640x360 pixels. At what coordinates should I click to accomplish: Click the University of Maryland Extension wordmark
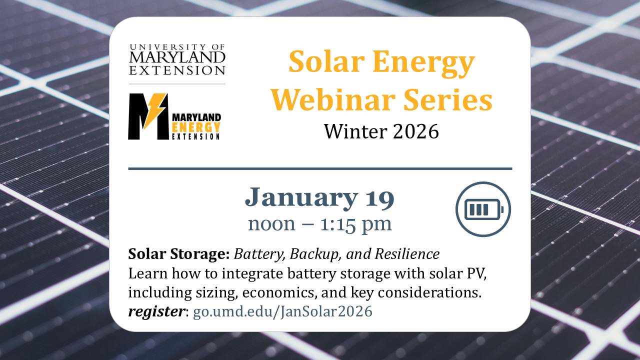tap(177, 59)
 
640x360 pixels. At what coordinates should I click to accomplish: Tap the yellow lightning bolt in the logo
tap(153, 110)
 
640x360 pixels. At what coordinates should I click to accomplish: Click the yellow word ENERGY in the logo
tap(196, 127)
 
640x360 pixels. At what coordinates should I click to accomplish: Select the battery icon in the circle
tap(483, 209)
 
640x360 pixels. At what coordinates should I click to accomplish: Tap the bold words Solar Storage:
tap(179, 254)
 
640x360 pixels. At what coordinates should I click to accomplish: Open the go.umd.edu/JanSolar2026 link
tap(282, 311)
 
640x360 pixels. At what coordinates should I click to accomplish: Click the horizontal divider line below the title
tap(320, 169)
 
